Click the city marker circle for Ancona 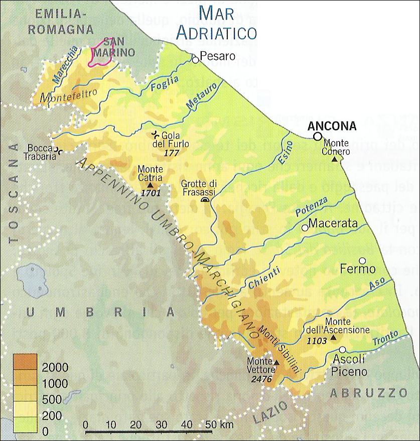317,136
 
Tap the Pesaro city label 217,56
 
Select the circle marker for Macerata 305,228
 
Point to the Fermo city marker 362,261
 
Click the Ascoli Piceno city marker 342,350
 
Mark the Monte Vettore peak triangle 276,362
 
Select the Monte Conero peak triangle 335,159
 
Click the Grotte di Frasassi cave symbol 205,200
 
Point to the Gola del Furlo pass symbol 157,135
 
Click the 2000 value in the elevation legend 55,368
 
